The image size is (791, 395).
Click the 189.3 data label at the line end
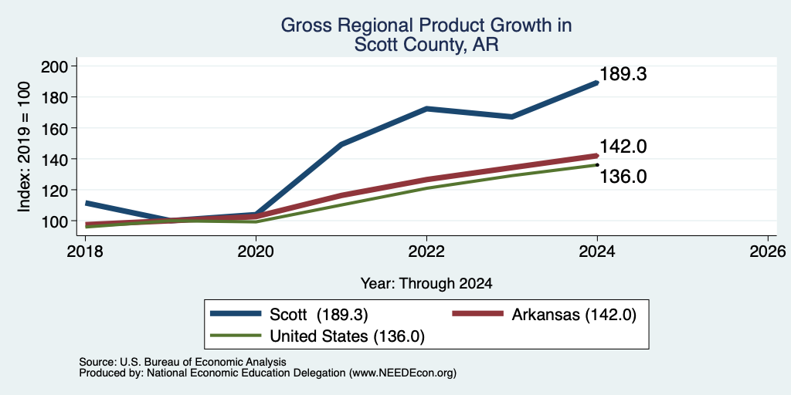[x=623, y=74]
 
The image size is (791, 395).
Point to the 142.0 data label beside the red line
[x=623, y=147]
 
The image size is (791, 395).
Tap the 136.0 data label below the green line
[x=623, y=177]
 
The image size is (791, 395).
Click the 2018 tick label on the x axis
[x=85, y=251]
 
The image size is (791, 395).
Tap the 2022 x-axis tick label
[x=426, y=251]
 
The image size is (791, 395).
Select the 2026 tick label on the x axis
[x=768, y=251]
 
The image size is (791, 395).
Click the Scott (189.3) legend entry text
[x=319, y=315]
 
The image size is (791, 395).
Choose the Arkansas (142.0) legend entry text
[x=574, y=315]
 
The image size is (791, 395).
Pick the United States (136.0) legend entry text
[x=347, y=336]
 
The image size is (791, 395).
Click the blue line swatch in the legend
[x=236, y=314]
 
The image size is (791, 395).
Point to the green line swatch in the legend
[x=236, y=336]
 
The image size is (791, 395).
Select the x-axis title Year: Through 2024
[x=426, y=284]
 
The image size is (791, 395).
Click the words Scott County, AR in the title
[x=426, y=45]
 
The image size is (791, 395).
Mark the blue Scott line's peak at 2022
[x=426, y=108]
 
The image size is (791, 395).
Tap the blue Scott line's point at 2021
[x=341, y=144]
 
